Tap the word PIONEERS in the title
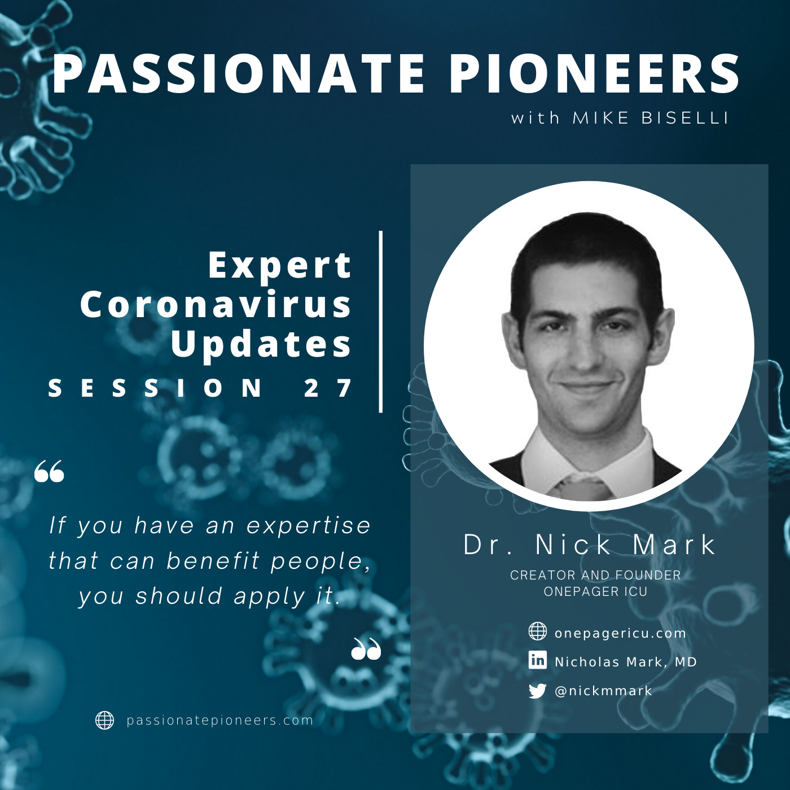point(594,74)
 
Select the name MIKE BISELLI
point(651,118)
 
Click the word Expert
point(280,266)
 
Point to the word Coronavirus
point(216,305)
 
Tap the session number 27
point(328,388)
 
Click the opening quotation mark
point(49,471)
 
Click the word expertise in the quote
point(309,525)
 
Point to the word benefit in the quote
point(213,560)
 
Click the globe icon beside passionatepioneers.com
point(104,720)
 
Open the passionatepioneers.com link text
point(220,721)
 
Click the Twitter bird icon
point(537,691)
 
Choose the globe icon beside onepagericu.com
point(537,631)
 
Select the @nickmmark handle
point(603,691)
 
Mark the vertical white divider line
point(381,322)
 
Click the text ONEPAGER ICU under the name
point(595,591)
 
